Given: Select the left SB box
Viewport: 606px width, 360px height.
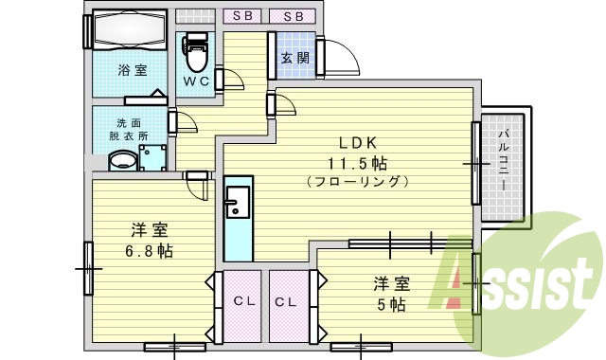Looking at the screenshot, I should click(x=244, y=16).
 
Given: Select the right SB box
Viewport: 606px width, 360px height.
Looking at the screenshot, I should click(x=293, y=16).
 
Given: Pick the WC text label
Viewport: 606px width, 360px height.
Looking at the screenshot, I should click(x=196, y=81).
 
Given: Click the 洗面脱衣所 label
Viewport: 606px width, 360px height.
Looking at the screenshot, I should click(x=128, y=130).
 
